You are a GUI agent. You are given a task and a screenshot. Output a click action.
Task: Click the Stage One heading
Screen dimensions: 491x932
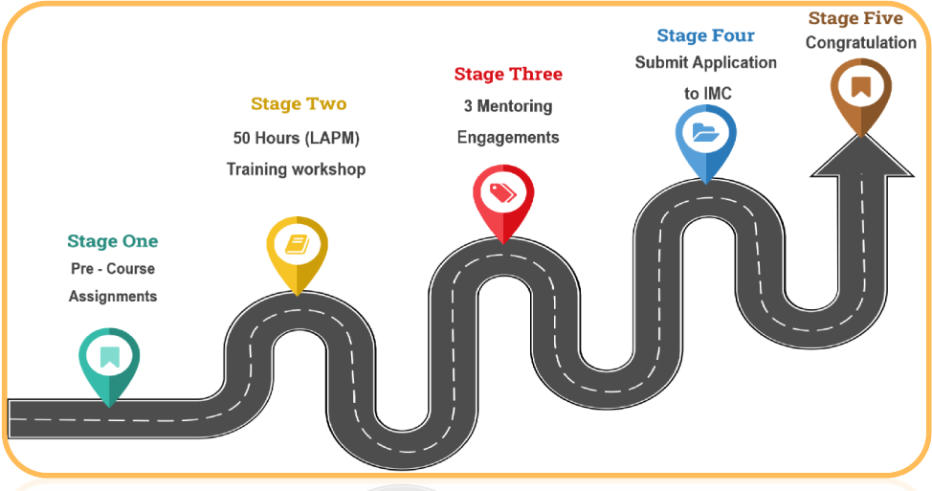[x=112, y=241]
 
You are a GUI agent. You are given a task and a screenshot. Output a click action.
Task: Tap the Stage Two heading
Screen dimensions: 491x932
[x=299, y=103]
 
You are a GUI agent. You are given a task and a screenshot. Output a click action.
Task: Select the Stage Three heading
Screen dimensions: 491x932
[x=508, y=74]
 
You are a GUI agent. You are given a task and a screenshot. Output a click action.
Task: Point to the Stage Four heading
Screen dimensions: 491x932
[x=705, y=35]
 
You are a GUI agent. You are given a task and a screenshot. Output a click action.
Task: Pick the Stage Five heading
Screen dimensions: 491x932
[x=855, y=18]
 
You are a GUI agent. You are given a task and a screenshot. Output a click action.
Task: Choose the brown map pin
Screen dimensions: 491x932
[x=860, y=89]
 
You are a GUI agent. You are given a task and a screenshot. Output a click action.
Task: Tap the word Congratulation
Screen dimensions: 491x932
[x=860, y=43]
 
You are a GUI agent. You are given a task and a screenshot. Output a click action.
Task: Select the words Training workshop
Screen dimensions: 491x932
[x=296, y=169]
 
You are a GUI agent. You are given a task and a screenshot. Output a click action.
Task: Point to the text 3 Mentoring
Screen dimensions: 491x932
[x=508, y=106]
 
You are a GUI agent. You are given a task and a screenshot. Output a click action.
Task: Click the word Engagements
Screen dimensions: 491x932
[x=508, y=137]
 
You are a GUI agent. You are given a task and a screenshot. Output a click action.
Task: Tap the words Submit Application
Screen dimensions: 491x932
[x=706, y=62]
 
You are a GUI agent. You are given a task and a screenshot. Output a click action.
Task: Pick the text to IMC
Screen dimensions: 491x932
[x=707, y=93]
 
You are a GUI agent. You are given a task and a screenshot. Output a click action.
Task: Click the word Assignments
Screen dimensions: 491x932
[x=113, y=297]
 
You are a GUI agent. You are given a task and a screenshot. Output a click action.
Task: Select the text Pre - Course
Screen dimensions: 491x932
[x=113, y=269]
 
